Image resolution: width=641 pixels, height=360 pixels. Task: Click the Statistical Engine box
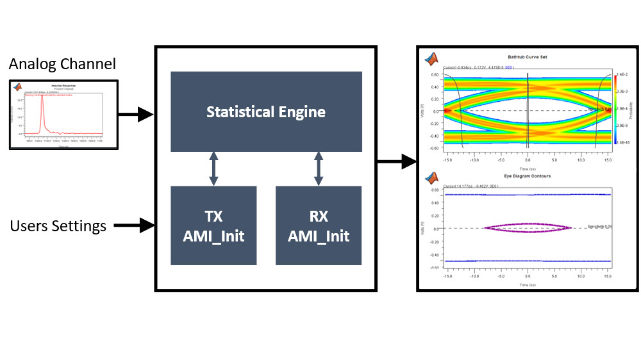pyautogui.click(x=266, y=111)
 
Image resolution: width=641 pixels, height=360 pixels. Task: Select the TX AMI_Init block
pyautogui.click(x=213, y=225)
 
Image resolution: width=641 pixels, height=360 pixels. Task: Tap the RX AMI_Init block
pyautogui.click(x=319, y=225)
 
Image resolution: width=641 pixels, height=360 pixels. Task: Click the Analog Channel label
pyautogui.click(x=62, y=64)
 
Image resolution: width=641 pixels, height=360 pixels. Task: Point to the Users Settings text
pyautogui.click(x=58, y=225)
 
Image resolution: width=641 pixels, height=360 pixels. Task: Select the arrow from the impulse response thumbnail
pyautogui.click(x=136, y=115)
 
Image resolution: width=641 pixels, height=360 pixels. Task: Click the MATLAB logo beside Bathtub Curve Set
pyautogui.click(x=431, y=60)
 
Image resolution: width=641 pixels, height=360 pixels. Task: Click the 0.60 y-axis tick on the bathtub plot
pyautogui.click(x=434, y=74)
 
